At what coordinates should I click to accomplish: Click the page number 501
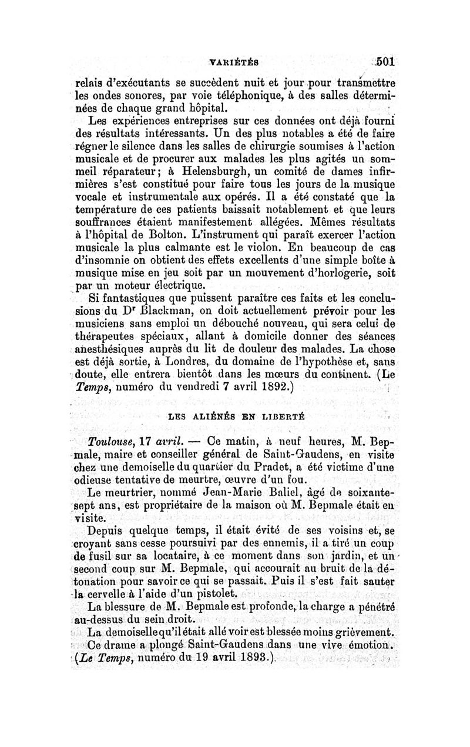pos(387,61)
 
